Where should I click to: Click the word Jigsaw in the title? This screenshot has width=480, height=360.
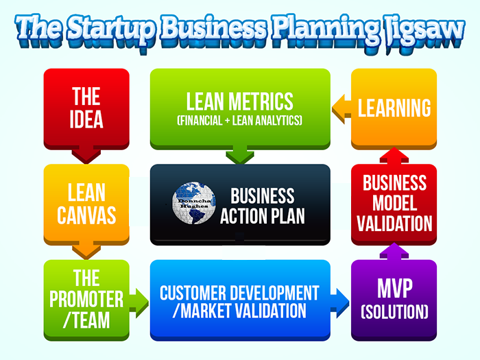pyautogui.click(x=424, y=32)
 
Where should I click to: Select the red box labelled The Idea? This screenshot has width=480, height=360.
pyautogui.click(x=86, y=109)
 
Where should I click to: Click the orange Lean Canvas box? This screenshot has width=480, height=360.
pyautogui.click(x=86, y=204)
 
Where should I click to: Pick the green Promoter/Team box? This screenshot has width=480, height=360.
pyautogui.click(x=86, y=300)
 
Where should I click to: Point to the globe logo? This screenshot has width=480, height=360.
pyautogui.click(x=194, y=203)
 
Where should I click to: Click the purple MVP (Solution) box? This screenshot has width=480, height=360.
pyautogui.click(x=394, y=300)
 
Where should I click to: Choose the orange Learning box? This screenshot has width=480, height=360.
pyautogui.click(x=394, y=109)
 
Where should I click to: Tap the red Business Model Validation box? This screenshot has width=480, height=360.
pyautogui.click(x=394, y=204)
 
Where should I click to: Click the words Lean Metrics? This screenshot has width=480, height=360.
pyautogui.click(x=240, y=101)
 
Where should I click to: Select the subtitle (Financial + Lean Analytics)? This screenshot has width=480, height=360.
pyautogui.click(x=240, y=120)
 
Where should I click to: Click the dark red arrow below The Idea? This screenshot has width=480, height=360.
pyautogui.click(x=86, y=156)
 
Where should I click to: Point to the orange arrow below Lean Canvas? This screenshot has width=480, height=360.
pyautogui.click(x=86, y=252)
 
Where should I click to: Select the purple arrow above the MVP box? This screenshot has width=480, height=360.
pyautogui.click(x=394, y=252)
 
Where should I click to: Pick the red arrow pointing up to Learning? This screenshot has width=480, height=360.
pyautogui.click(x=394, y=156)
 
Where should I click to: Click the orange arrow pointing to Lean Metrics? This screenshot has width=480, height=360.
pyautogui.click(x=341, y=109)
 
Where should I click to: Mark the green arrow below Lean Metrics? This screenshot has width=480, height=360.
pyautogui.click(x=240, y=156)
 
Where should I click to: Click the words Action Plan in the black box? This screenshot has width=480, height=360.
pyautogui.click(x=263, y=216)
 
